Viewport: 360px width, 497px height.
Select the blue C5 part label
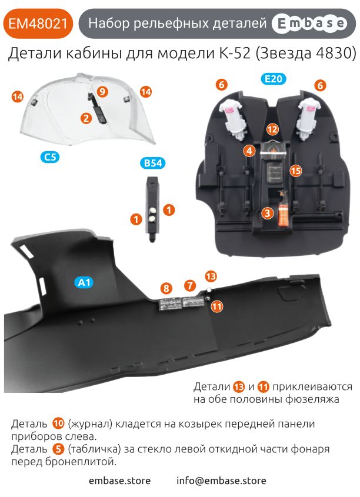51,157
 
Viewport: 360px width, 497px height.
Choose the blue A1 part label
84,283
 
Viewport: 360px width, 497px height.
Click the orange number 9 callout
102,92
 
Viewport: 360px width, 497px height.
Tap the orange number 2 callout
86,118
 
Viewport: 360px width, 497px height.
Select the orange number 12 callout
272,129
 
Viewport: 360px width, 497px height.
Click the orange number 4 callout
249,151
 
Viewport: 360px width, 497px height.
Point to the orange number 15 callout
296,171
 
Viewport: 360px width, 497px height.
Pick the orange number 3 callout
267,214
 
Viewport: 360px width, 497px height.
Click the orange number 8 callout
167,288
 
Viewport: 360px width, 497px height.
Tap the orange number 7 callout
189,285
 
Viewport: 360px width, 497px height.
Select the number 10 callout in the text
59,423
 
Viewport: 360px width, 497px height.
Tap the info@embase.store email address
221,481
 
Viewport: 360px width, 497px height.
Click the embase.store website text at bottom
120,481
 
